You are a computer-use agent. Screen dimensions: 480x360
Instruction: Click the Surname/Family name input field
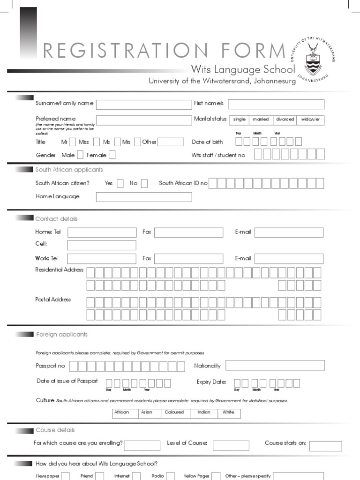point(144,105)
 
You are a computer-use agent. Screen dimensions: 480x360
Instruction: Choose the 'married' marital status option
point(261,120)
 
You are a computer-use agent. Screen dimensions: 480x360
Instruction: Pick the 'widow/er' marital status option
point(310,120)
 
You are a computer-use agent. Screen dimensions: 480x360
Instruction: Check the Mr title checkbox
point(72,142)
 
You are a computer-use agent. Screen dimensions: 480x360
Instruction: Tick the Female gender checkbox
point(112,155)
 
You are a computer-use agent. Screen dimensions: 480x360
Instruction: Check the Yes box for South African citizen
point(120,183)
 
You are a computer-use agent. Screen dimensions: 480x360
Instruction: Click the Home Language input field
point(144,197)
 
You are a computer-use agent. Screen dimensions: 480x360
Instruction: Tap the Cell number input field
point(102,245)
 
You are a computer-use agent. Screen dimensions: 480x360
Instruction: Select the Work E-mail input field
point(289,259)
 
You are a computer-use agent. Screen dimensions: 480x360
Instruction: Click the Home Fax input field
point(188,232)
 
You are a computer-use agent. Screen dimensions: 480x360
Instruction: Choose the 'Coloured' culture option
point(174,413)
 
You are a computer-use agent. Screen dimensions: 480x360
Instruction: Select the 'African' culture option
point(122,413)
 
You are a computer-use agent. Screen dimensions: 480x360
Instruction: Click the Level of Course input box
point(231,445)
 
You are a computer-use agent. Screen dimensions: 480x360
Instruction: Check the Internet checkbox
point(136,476)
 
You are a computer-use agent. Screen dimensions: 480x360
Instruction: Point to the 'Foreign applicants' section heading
point(62,334)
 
